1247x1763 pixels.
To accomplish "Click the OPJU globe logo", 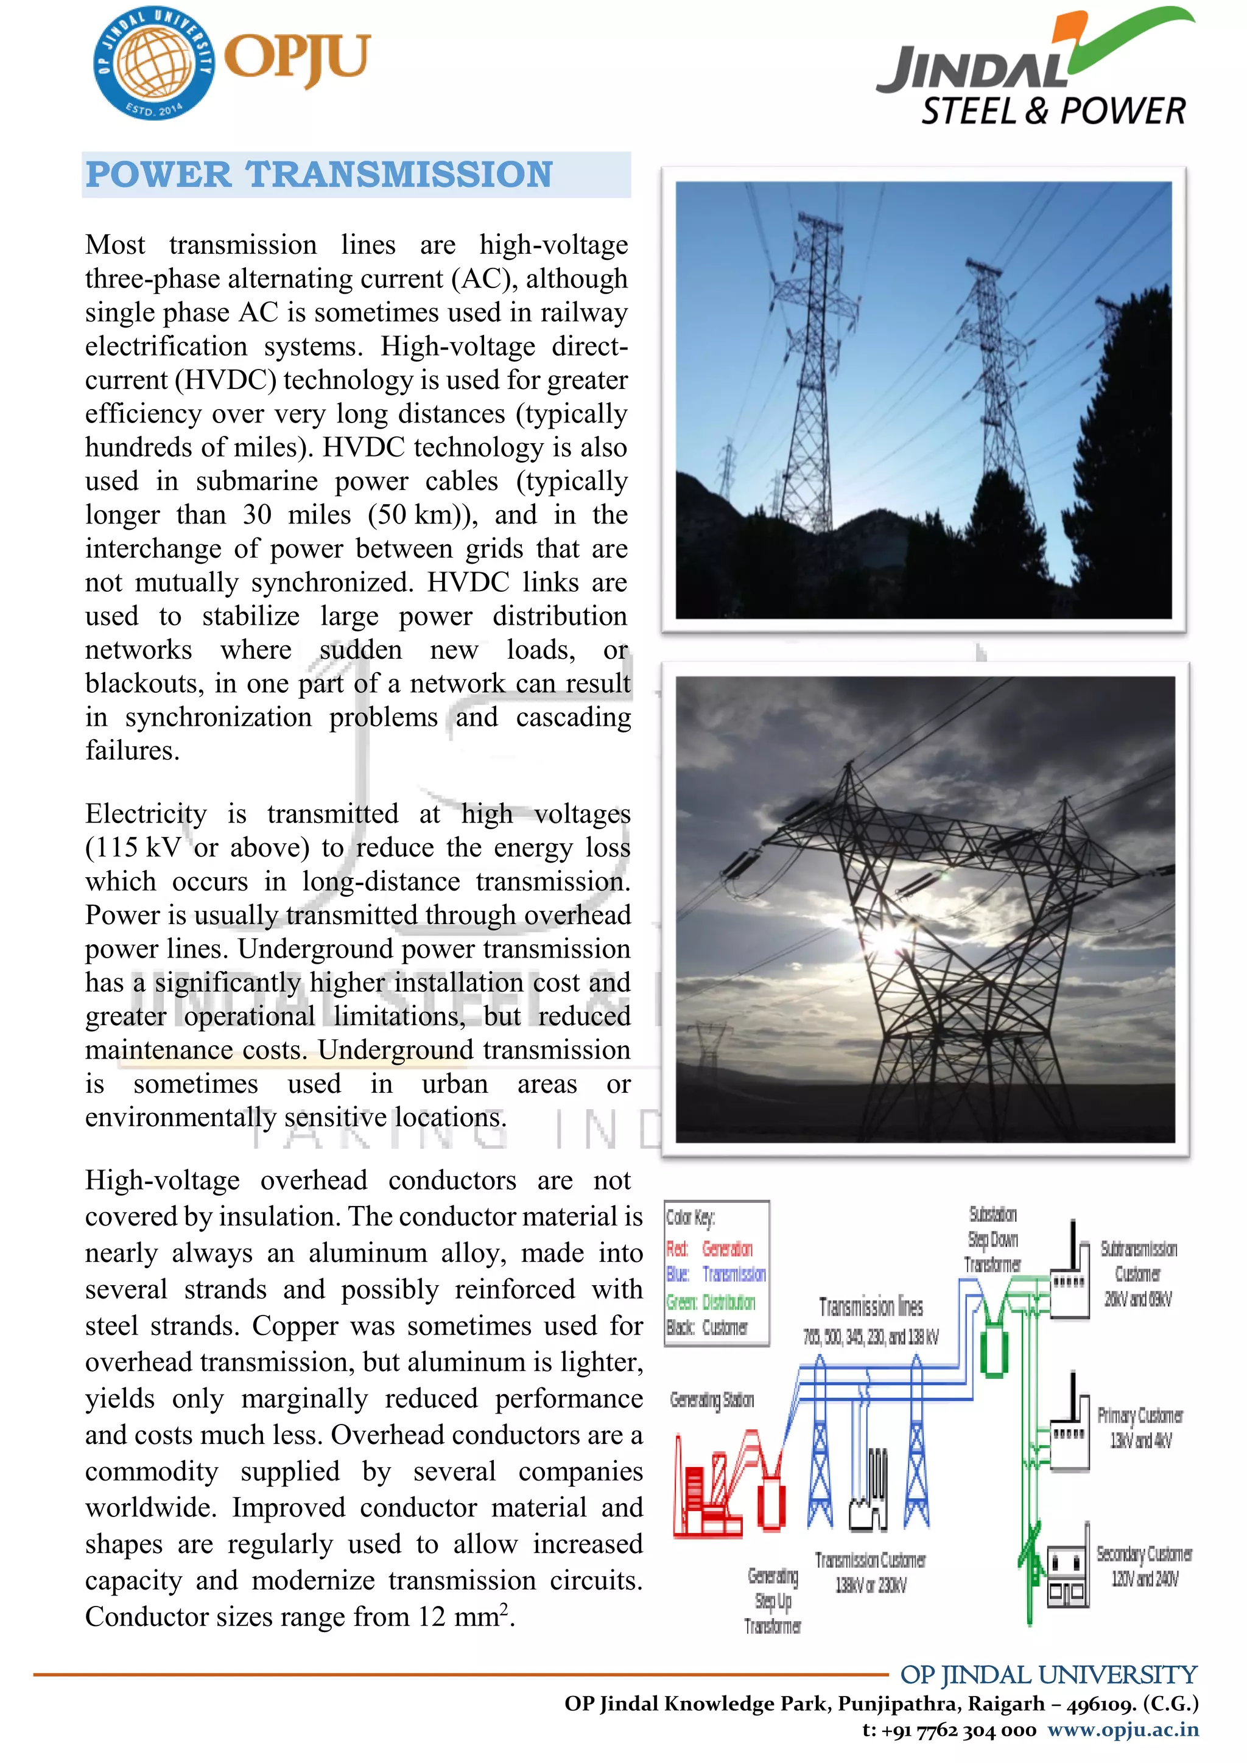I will coord(153,63).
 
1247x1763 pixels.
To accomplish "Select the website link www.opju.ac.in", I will coord(1123,1730).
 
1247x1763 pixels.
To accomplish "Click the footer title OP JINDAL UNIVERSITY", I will coord(1048,1675).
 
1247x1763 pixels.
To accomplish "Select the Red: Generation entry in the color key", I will coord(709,1249).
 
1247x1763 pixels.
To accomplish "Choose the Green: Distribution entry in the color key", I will coord(711,1302).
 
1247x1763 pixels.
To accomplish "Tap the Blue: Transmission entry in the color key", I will coord(715,1275).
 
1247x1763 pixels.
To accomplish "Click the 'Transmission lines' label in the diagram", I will coord(871,1307).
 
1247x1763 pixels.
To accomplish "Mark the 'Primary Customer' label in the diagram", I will coord(1139,1415).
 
